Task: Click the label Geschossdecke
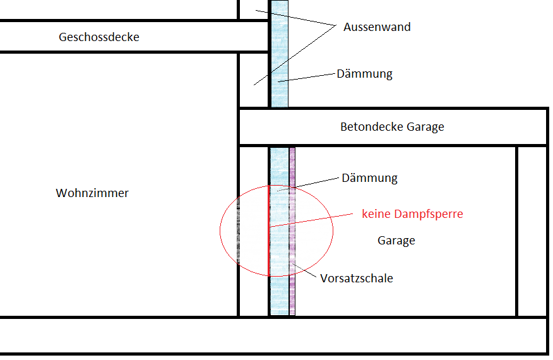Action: coord(99,37)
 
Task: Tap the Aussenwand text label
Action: coord(377,27)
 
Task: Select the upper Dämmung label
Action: coord(364,74)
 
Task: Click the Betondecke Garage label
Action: coord(392,127)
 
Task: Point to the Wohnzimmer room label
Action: coord(92,193)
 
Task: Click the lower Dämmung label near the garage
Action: coord(369,178)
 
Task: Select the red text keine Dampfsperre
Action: coord(412,214)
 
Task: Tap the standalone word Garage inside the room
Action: coord(396,241)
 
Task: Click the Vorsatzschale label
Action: coord(357,278)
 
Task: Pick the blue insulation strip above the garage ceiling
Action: coord(279,57)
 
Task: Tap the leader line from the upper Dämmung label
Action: coord(309,77)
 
